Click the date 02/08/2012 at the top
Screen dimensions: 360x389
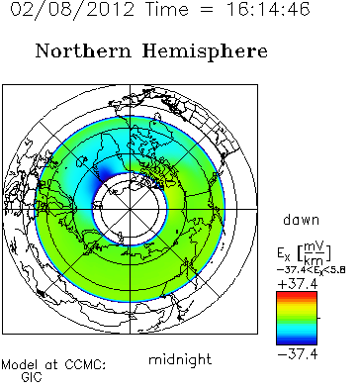click(72, 9)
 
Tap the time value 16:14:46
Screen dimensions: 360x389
click(268, 9)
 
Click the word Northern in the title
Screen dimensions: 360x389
click(83, 51)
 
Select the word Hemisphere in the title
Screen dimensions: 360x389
click(205, 52)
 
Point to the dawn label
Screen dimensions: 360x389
click(301, 220)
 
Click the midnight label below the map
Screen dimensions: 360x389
click(180, 359)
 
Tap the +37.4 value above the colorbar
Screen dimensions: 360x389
click(298, 284)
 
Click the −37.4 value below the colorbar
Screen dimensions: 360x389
click(298, 354)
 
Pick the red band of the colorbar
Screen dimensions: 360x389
click(297, 294)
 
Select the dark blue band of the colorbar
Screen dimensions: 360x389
click(297, 341)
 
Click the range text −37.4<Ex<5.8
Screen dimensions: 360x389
click(311, 270)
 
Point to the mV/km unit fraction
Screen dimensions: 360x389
click(314, 253)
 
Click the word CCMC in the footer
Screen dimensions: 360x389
click(85, 364)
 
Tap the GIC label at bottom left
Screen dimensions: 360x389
click(32, 377)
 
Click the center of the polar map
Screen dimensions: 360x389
click(130, 209)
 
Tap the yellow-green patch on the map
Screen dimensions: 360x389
click(174, 195)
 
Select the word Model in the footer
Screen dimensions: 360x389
click(19, 364)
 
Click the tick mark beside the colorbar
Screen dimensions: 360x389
click(318, 318)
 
